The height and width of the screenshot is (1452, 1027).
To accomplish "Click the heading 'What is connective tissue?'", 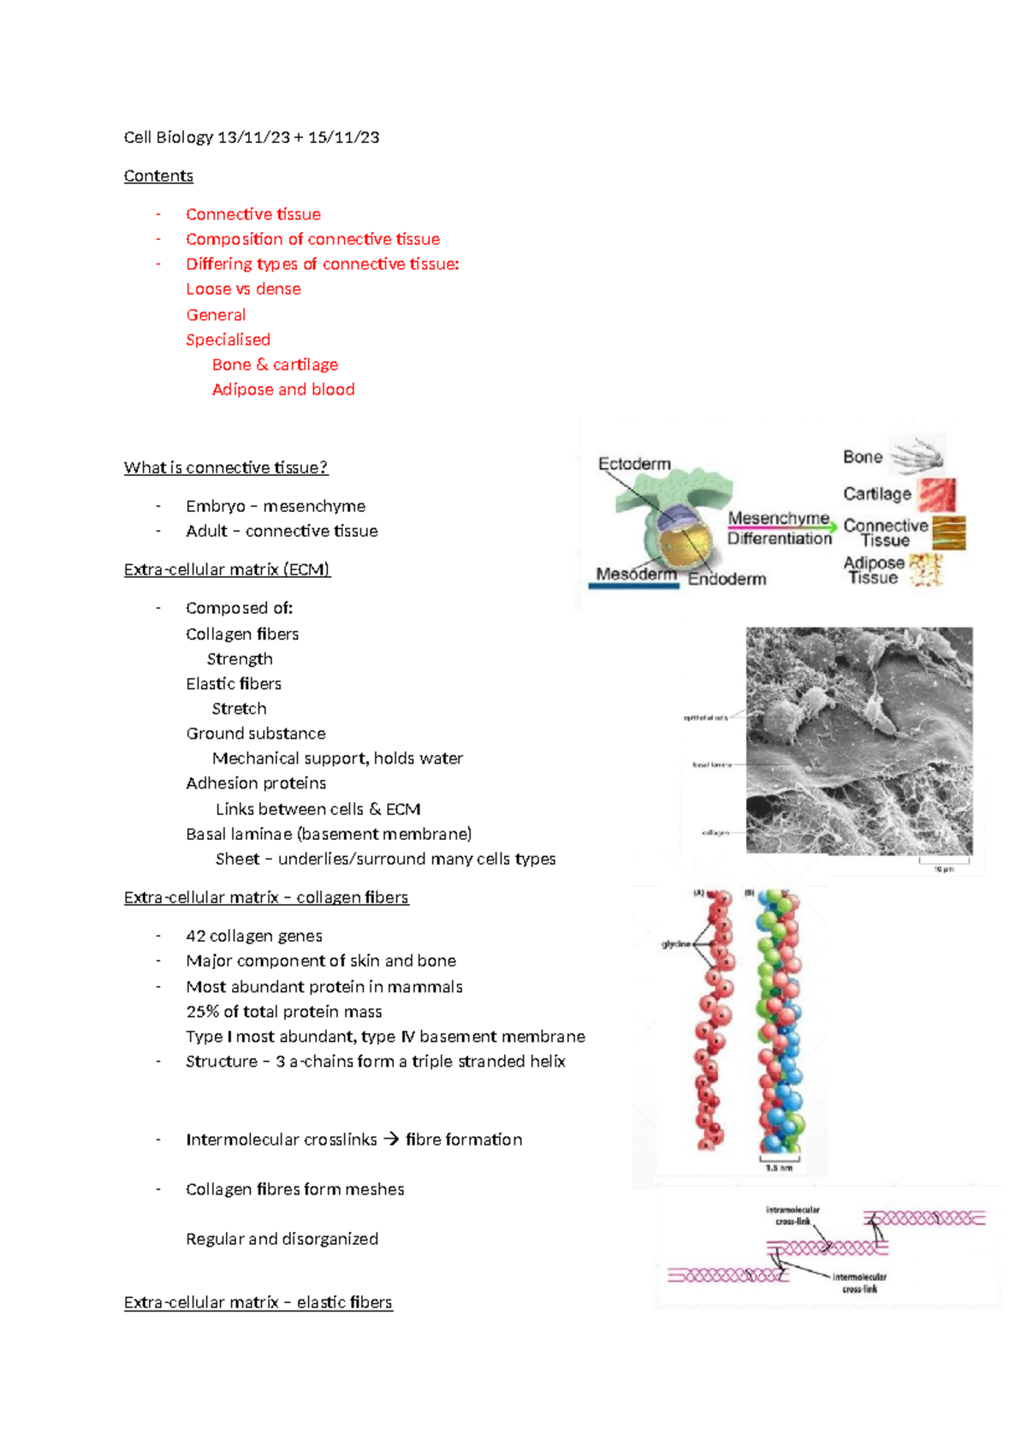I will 225,467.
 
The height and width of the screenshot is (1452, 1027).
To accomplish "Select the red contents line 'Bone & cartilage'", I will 275,365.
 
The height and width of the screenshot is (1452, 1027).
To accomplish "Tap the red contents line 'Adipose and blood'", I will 282,390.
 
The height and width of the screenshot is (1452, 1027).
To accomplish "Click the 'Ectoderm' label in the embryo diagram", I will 634,464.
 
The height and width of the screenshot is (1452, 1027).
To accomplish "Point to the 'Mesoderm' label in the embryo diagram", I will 636,574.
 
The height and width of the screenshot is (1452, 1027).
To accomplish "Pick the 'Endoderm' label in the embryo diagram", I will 727,580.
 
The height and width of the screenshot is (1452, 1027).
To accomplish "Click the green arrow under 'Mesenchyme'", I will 781,528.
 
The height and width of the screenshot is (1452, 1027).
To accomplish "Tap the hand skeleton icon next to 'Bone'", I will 917,455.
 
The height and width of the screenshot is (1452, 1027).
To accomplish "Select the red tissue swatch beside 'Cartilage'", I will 937,495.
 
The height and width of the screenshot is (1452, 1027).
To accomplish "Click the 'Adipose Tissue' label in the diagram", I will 873,570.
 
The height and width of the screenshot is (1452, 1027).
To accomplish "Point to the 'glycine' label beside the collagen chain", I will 675,944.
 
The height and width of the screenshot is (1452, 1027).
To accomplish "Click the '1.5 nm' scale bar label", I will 778,1168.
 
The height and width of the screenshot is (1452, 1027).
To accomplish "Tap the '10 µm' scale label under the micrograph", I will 943,869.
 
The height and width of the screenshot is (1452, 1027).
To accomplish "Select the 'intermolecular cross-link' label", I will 859,1282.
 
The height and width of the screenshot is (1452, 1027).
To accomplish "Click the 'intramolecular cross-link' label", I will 793,1216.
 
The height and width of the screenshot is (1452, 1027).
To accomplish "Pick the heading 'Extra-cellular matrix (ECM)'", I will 227,569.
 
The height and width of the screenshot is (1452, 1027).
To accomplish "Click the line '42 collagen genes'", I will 253,936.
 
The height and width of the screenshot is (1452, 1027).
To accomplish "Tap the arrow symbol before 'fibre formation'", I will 391,1140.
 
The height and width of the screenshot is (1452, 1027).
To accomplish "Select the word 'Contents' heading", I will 158,176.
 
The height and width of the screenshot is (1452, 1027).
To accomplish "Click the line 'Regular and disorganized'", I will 282,1239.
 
